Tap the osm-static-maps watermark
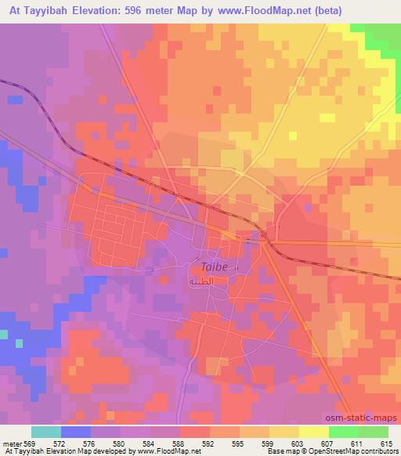tap(367, 418)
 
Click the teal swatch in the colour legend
tap(46, 432)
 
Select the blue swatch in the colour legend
tap(76, 432)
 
